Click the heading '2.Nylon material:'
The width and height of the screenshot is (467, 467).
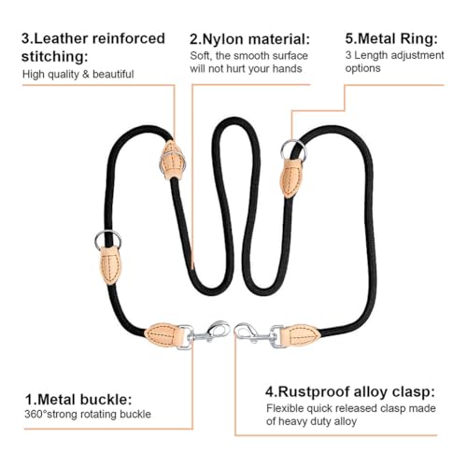(x=249, y=39)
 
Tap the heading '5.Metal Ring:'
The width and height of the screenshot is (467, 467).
(x=391, y=39)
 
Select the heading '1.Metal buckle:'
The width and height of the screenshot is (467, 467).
(x=78, y=400)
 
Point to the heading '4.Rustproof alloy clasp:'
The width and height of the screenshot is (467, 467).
(x=350, y=392)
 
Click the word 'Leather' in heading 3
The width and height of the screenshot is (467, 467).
(x=60, y=38)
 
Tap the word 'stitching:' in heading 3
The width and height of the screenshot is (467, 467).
(x=55, y=57)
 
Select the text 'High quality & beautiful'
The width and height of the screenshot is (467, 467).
(x=78, y=75)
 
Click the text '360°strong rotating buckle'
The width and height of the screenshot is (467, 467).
(x=88, y=415)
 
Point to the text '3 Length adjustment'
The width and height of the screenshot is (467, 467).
(x=394, y=55)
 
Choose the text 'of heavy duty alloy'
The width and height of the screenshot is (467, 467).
(x=311, y=421)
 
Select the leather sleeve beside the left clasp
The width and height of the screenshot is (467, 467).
(x=163, y=335)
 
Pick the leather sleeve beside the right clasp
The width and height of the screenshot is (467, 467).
(x=300, y=335)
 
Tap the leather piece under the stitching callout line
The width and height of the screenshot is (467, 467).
(x=173, y=161)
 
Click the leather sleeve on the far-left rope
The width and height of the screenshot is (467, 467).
(x=111, y=265)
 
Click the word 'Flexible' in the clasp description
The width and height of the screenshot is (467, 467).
(x=285, y=408)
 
